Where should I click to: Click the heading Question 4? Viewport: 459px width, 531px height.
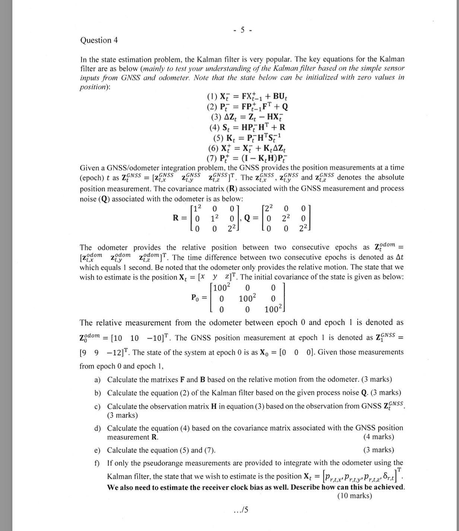click(x=99, y=40)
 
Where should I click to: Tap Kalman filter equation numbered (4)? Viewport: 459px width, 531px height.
click(x=247, y=127)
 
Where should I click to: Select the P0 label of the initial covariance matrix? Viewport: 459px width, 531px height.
click(x=196, y=298)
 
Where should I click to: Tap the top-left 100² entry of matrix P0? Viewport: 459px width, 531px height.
click(x=223, y=288)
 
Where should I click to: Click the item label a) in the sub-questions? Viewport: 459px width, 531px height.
click(x=98, y=380)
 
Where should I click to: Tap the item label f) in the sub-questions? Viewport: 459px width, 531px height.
click(x=97, y=463)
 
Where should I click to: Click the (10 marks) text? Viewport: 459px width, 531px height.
click(x=355, y=496)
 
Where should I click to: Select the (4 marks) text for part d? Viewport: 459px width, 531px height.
click(x=379, y=437)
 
